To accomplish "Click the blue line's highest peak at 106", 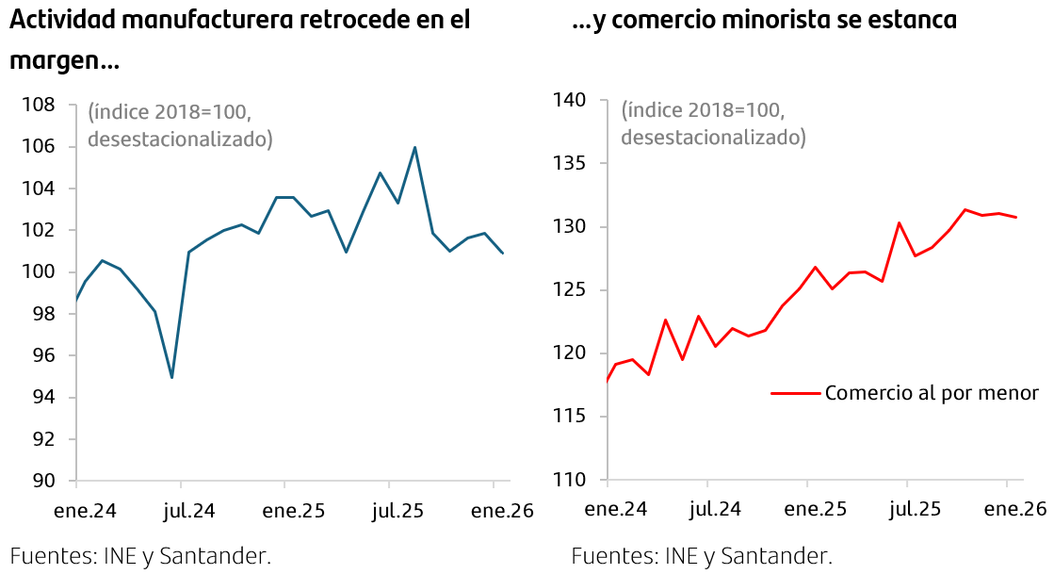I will (414, 147).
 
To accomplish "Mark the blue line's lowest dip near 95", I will (171, 377).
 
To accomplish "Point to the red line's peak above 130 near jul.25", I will (900, 223).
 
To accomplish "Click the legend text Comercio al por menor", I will (931, 392).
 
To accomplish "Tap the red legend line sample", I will (794, 393).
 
